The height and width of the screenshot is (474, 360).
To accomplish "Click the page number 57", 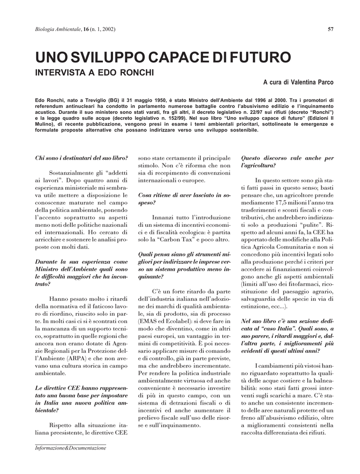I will tap(330, 30).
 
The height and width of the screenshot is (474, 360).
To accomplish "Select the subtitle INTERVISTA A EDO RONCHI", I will tap(95, 73).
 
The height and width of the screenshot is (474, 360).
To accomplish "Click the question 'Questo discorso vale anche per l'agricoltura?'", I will tap(287, 162).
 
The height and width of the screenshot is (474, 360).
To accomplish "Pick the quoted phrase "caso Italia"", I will tap(277, 328).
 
